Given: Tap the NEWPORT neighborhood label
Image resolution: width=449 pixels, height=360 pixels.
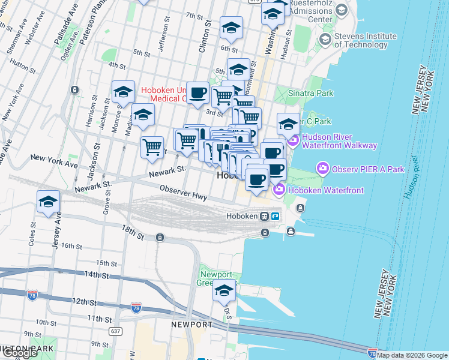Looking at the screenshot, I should (x=191, y=325).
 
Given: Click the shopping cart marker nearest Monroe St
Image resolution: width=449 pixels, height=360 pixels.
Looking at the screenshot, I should (x=152, y=146).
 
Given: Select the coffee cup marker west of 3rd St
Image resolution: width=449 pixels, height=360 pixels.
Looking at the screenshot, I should (x=197, y=93).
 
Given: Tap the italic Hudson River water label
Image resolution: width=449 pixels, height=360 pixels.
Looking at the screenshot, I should (x=411, y=178).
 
